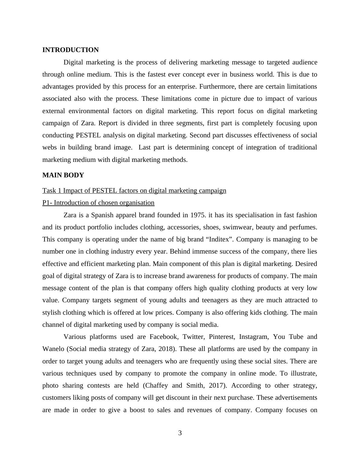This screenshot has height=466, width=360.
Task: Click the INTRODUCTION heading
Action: [x=70, y=50]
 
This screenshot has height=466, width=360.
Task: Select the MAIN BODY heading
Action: [x=63, y=175]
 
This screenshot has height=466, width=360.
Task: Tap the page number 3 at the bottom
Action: [x=180, y=433]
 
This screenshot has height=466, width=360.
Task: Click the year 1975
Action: [x=198, y=215]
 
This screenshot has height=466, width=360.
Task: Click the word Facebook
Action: [x=163, y=337]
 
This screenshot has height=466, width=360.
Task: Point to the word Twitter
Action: [x=193, y=337]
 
